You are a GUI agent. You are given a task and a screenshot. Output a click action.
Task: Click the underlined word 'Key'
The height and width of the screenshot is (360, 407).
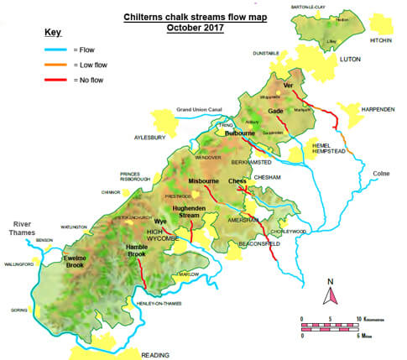point(52,32)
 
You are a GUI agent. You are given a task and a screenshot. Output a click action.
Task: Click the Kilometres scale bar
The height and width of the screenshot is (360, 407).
point(331,321)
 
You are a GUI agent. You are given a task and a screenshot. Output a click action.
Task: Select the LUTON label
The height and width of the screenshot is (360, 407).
point(350,60)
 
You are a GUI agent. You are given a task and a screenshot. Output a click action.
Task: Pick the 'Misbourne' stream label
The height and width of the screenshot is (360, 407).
point(203,180)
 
